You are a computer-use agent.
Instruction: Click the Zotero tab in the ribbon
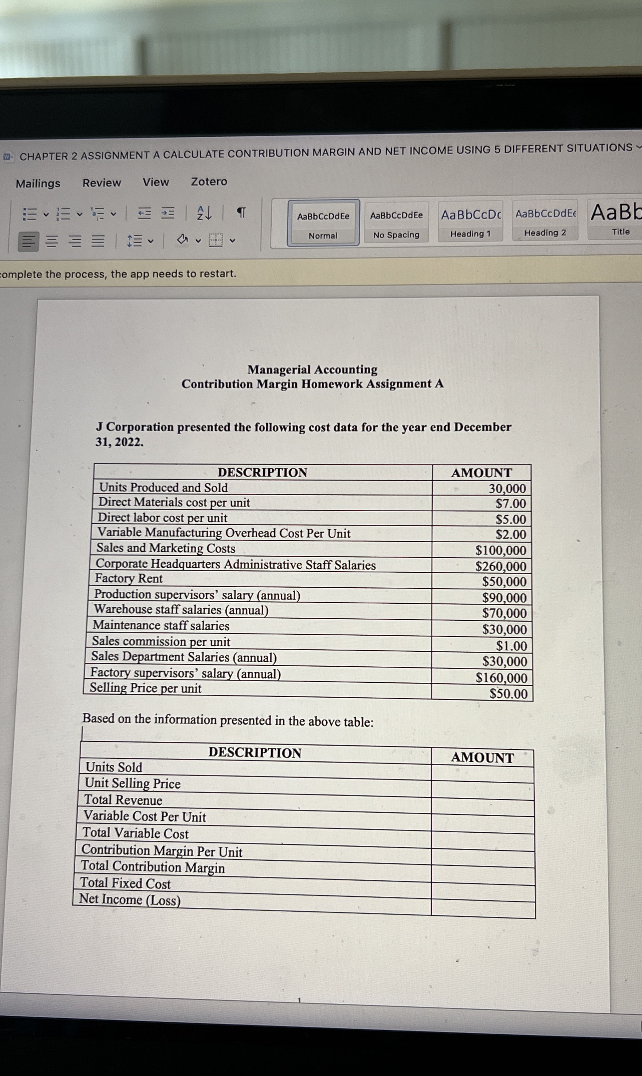pyautogui.click(x=209, y=181)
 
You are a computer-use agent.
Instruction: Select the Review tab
pyautogui.click(x=102, y=183)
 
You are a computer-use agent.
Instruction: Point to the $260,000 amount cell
pyautogui.click(x=500, y=566)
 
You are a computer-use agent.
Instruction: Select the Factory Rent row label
pyautogui.click(x=129, y=578)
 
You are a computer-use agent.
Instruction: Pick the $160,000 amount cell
pyautogui.click(x=502, y=677)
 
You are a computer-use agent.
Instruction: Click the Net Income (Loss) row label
pyautogui.click(x=130, y=900)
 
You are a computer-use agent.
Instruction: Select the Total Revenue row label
pyautogui.click(x=123, y=800)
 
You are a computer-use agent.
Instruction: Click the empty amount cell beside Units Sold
pyautogui.click(x=482, y=774)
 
